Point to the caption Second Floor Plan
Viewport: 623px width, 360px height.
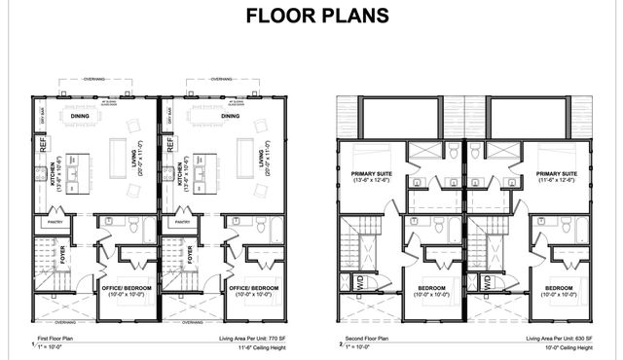tap(364, 339)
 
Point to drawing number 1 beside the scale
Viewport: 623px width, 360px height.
tap(32, 344)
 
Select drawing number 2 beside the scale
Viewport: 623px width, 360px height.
tap(341, 344)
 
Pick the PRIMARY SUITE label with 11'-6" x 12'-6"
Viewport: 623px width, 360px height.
tap(555, 176)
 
